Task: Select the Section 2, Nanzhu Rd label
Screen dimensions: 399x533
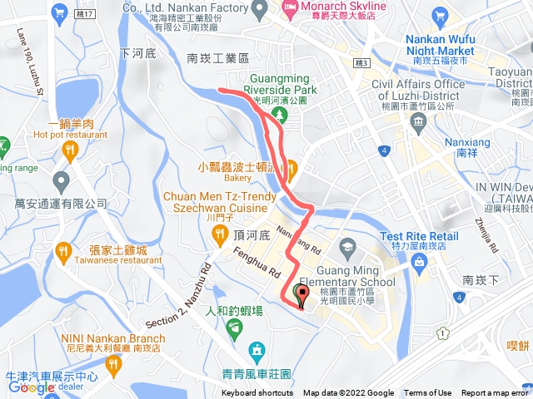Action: [188, 274]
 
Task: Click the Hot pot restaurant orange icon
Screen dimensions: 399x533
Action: [69, 150]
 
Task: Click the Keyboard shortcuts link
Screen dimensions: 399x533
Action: [257, 393]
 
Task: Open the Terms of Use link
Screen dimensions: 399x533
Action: [428, 393]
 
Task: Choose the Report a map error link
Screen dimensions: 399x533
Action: [496, 393]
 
